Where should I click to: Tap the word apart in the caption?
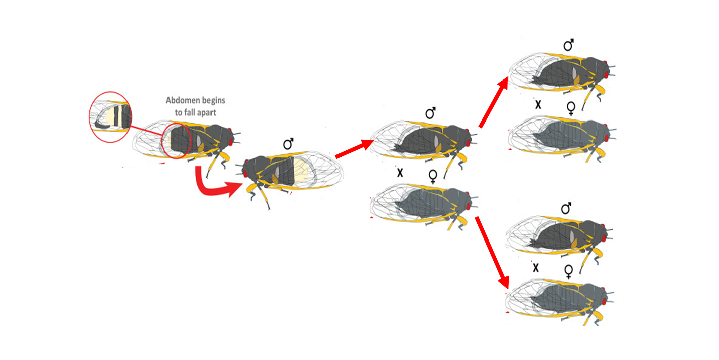click(207, 113)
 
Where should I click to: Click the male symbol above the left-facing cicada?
click(288, 144)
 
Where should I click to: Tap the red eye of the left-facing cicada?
click(245, 174)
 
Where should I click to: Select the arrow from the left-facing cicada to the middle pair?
click(354, 149)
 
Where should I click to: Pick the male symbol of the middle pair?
click(430, 113)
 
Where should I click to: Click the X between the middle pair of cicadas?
click(400, 173)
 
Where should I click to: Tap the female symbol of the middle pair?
click(433, 176)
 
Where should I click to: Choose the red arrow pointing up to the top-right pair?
click(494, 102)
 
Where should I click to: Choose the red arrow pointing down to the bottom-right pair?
click(492, 252)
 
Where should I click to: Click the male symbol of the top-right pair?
click(568, 45)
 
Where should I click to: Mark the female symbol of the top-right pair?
click(571, 108)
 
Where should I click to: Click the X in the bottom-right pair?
click(535, 268)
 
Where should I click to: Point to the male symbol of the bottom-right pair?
click(566, 208)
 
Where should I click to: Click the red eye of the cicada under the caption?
click(230, 142)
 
